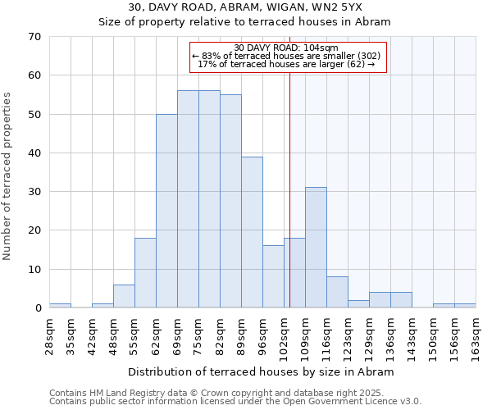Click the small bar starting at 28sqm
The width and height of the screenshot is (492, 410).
60,306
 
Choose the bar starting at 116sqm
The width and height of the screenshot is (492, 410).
337,292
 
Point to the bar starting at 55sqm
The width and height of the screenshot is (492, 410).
145,273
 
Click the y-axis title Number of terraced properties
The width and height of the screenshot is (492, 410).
8,176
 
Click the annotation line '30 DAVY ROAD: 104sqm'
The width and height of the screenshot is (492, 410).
285,48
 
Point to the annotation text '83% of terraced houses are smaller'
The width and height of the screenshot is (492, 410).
285,56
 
